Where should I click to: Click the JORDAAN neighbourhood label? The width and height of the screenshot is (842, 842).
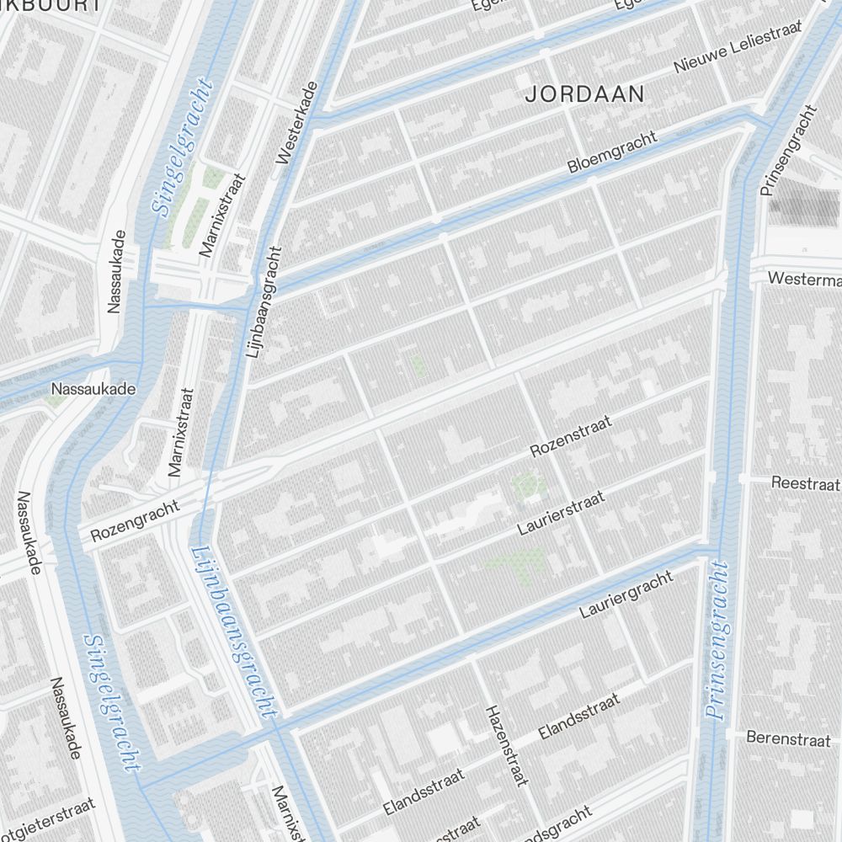point(584,93)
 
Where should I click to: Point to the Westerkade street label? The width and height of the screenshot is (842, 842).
point(296,122)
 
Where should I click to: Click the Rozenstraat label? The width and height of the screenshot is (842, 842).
point(569,435)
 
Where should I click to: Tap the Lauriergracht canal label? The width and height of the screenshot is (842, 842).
point(626,594)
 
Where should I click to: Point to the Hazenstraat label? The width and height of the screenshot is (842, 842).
point(506,745)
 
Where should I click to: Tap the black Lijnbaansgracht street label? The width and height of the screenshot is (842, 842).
point(263,302)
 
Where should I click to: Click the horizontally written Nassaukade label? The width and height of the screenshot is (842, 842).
point(93,389)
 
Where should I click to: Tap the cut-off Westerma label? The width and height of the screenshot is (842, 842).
point(804,278)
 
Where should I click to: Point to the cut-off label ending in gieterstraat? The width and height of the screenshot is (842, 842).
point(46,821)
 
